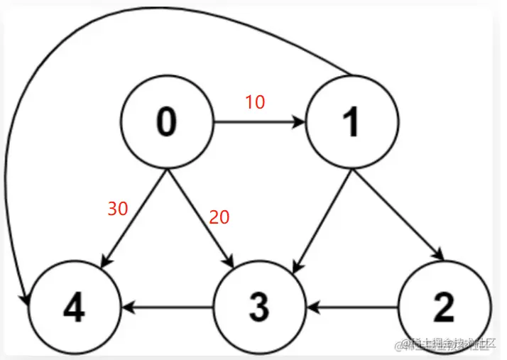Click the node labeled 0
(x=166, y=122)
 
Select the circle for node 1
(x=351, y=122)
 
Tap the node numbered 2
(x=444, y=308)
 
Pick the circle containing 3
(x=258, y=308)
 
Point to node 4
(x=75, y=308)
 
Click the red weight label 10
(x=255, y=102)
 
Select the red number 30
(x=118, y=209)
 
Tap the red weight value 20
(x=219, y=218)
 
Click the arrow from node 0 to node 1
(x=259, y=122)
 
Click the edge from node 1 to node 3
(x=320, y=217)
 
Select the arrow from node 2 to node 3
(x=351, y=308)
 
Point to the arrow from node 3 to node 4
(x=167, y=308)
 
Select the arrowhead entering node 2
(x=439, y=256)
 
